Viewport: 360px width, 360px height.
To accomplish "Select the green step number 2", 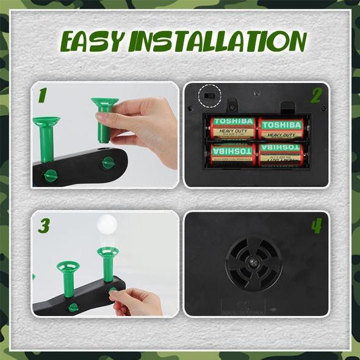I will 316,96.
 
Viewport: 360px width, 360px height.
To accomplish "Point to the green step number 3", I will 44,225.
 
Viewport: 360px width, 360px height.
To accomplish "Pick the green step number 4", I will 316,225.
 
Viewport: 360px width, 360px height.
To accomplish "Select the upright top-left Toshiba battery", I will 233,129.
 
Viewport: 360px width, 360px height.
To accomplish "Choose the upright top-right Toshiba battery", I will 281,129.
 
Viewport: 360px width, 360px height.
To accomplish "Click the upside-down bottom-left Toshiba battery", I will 233,154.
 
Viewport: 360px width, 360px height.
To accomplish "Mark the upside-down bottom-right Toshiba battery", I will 281,154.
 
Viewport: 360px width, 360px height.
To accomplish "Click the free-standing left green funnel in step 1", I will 46,137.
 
